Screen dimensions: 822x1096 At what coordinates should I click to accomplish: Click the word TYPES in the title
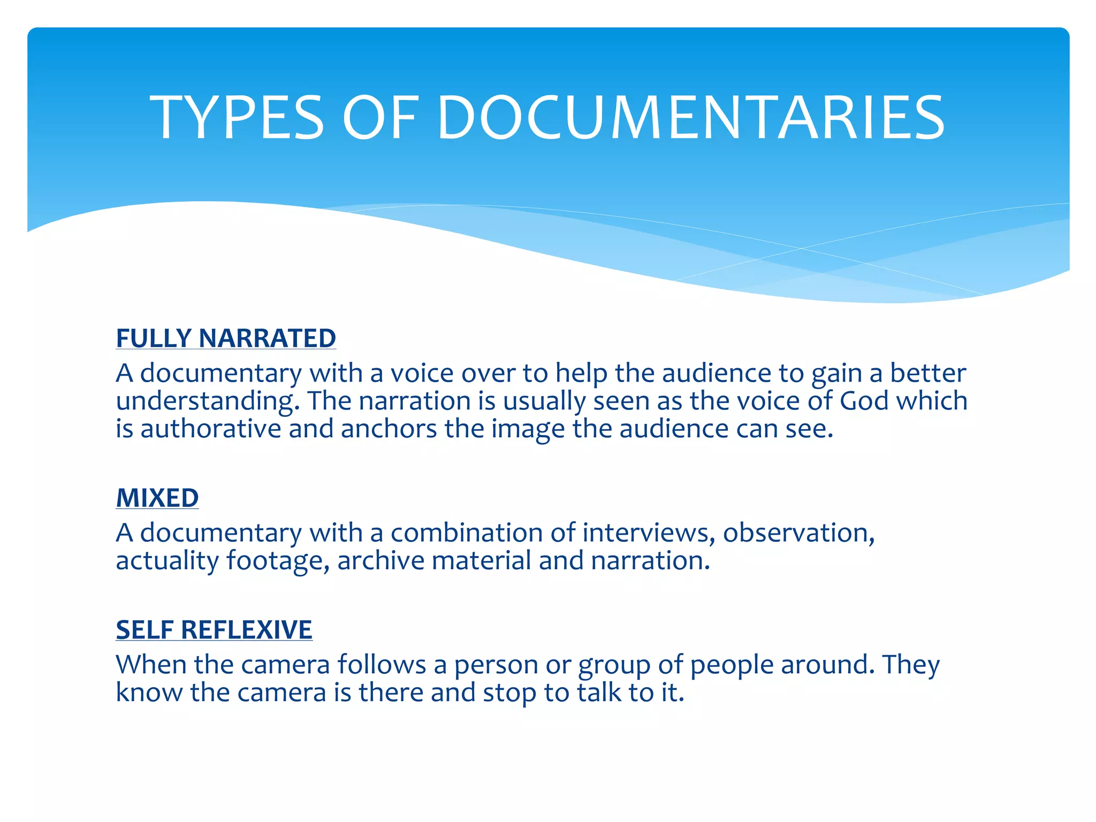tap(237, 118)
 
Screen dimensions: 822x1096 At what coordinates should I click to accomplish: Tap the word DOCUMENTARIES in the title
tap(691, 118)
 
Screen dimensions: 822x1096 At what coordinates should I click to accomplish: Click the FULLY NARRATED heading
tap(226, 338)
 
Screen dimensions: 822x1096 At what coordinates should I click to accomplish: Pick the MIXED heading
tap(157, 498)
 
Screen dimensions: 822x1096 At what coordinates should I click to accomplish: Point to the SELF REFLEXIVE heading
tap(214, 630)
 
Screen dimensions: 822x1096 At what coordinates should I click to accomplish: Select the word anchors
tap(389, 429)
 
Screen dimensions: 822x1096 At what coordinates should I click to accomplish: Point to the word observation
tap(798, 532)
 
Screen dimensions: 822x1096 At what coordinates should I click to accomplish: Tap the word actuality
tap(167, 561)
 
